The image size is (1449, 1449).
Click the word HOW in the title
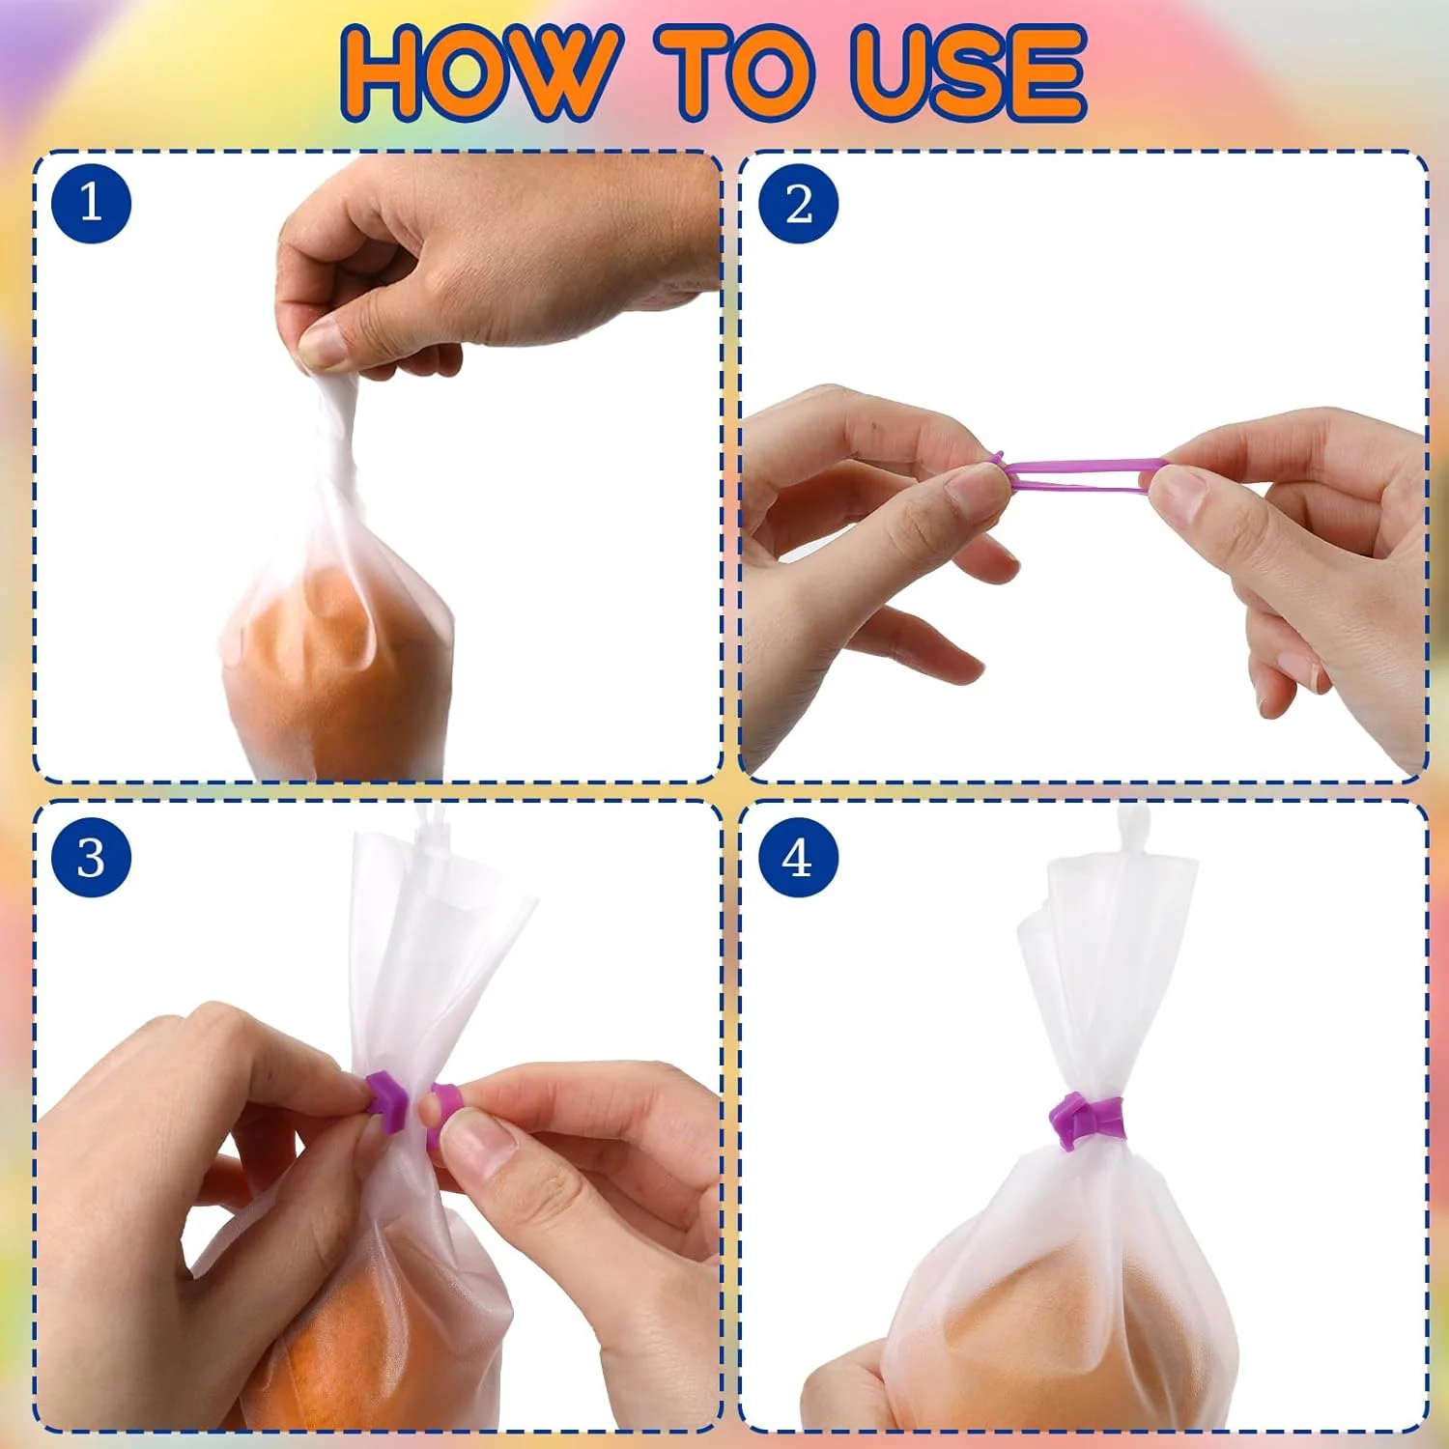tap(478, 73)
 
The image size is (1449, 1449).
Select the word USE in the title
tap(969, 73)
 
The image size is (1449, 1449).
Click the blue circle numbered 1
tap(91, 204)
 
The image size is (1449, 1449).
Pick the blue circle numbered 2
tap(798, 204)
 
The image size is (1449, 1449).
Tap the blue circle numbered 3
tap(91, 858)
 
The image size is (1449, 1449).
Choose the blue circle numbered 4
tap(798, 858)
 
